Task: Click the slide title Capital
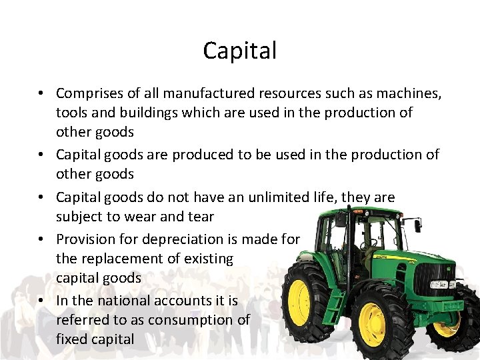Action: tap(240, 50)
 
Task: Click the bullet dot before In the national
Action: tap(41, 301)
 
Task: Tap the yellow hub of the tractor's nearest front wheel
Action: tap(373, 324)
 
